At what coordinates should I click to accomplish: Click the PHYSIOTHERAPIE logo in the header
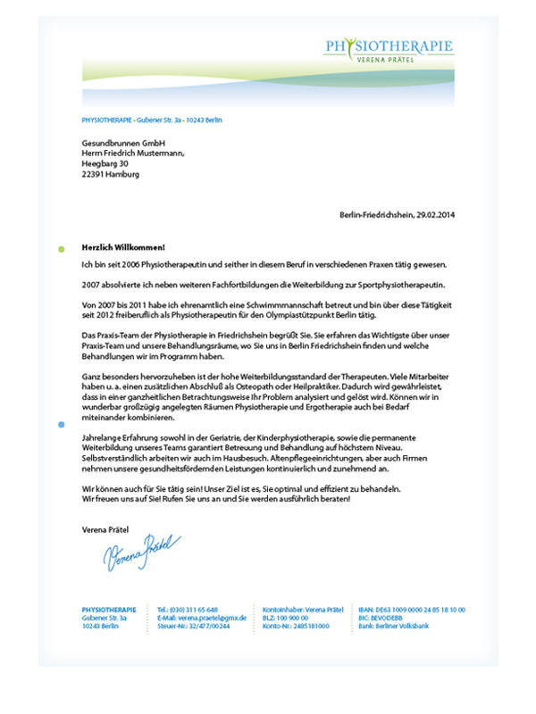click(389, 46)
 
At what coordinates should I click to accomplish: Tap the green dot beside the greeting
click(61, 248)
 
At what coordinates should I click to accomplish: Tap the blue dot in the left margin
click(61, 426)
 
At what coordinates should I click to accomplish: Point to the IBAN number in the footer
click(411, 609)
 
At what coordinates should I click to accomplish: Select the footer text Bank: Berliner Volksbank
click(398, 627)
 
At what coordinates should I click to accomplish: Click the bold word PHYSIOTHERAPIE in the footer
click(108, 609)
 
